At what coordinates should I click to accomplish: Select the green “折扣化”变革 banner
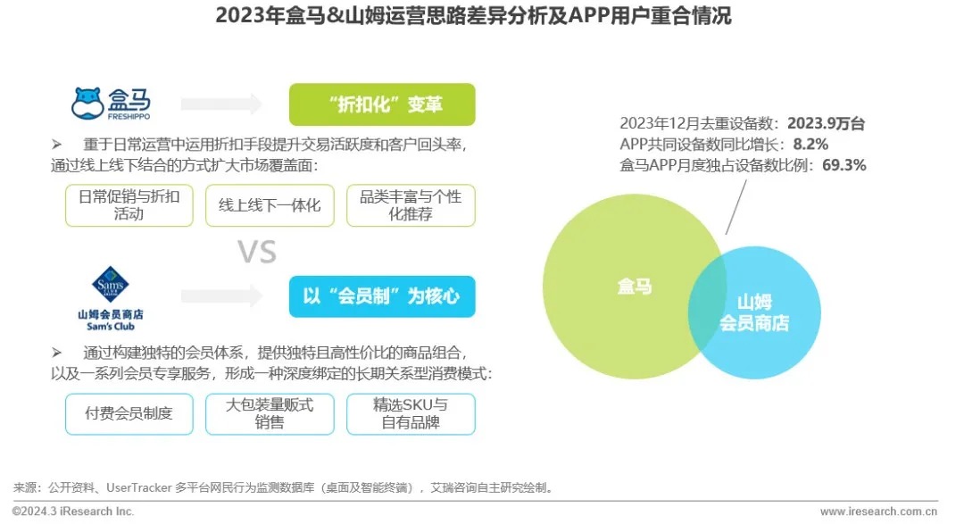(382, 104)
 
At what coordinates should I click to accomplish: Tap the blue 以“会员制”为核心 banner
(382, 296)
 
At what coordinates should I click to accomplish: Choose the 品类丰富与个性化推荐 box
(411, 205)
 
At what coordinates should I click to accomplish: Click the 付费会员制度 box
(129, 413)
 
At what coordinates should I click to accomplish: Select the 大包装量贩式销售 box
(270, 413)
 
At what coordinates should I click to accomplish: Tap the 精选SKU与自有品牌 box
(411, 413)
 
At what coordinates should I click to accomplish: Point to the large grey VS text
(257, 253)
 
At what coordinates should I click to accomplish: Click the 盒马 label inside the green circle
(635, 287)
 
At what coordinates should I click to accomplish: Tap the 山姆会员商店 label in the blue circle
(754, 312)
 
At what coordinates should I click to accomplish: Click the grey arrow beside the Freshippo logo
(222, 104)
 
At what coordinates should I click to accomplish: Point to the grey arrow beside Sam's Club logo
(222, 295)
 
